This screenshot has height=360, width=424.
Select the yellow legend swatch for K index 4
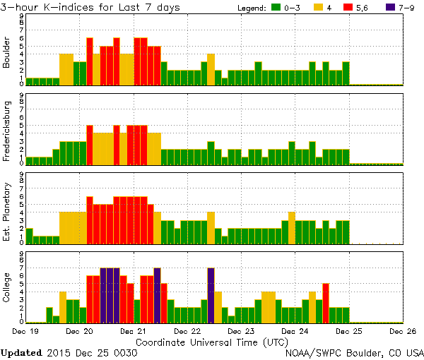click(x=318, y=7)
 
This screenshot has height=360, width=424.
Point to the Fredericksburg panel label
click(x=8, y=130)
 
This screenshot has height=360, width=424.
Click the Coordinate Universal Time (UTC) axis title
click(x=212, y=341)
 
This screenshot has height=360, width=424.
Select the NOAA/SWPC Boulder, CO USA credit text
click(x=355, y=352)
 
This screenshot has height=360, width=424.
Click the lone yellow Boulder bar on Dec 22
click(x=211, y=69)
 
